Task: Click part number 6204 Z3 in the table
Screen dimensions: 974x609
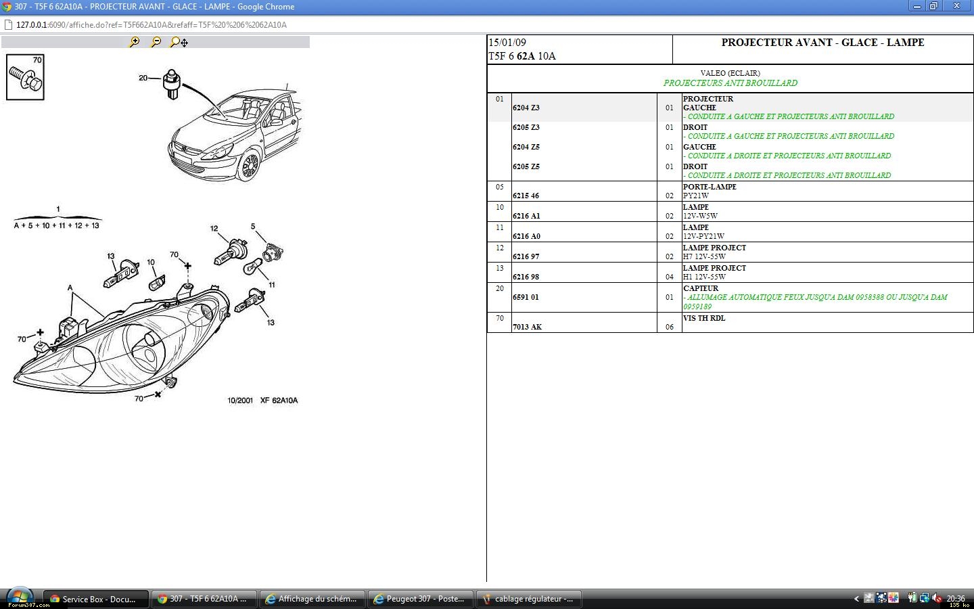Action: [526, 108]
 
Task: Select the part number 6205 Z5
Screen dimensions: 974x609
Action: [526, 166]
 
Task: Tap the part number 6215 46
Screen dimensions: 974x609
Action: [526, 196]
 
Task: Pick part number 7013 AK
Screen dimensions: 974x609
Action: [527, 327]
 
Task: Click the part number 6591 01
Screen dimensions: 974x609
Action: [526, 297]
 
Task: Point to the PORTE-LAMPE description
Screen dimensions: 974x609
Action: [710, 187]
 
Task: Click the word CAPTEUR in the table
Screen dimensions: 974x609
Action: [701, 288]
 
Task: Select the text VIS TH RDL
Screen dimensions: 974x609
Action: [704, 318]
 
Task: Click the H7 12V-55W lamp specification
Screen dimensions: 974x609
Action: [704, 256]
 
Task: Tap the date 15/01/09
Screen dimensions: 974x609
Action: [507, 43]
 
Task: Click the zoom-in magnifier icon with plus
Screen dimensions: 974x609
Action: [135, 42]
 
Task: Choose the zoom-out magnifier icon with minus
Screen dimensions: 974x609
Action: [156, 42]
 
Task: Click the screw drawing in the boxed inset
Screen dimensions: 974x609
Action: [25, 78]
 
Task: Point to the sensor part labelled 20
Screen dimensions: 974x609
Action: [171, 84]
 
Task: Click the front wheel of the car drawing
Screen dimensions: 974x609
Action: [250, 166]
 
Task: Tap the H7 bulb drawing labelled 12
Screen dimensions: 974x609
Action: [231, 253]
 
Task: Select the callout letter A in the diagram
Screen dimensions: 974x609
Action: [70, 288]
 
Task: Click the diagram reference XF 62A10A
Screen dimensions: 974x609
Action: [279, 400]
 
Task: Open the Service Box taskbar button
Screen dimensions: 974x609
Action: [95, 599]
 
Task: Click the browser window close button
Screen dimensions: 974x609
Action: [956, 6]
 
